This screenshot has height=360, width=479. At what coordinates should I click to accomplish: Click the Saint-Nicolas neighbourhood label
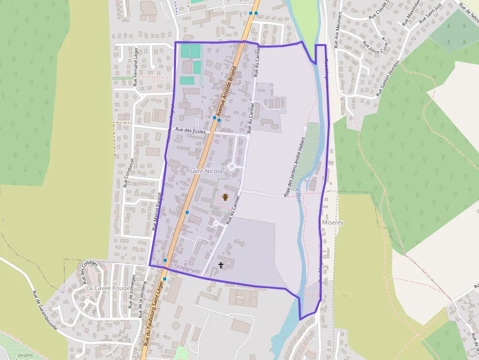click(x=207, y=171)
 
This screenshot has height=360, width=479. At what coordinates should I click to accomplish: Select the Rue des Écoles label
click(x=190, y=130)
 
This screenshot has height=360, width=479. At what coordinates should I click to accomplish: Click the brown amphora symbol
click(x=225, y=197)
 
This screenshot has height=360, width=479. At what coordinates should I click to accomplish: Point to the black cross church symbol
click(x=221, y=265)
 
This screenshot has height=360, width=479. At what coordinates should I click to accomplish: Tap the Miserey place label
click(x=333, y=223)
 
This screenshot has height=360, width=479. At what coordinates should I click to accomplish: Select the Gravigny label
click(x=184, y=269)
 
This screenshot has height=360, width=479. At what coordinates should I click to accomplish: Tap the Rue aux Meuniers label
click(x=337, y=33)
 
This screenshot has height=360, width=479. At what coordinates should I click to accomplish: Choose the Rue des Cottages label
click(x=90, y=273)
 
